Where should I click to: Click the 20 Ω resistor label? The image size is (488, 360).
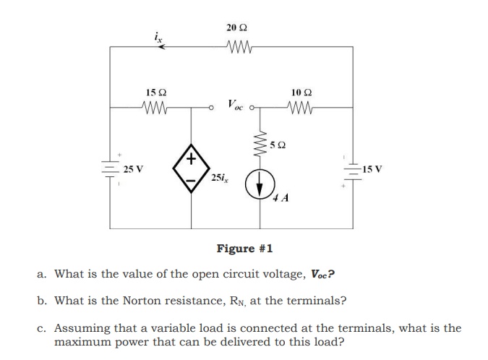236,27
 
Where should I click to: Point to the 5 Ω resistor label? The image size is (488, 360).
281,145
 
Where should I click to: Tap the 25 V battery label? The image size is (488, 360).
132,169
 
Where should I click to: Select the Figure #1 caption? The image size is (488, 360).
244,249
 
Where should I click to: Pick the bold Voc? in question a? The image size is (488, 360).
322,274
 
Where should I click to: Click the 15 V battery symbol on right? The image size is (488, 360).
353,171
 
